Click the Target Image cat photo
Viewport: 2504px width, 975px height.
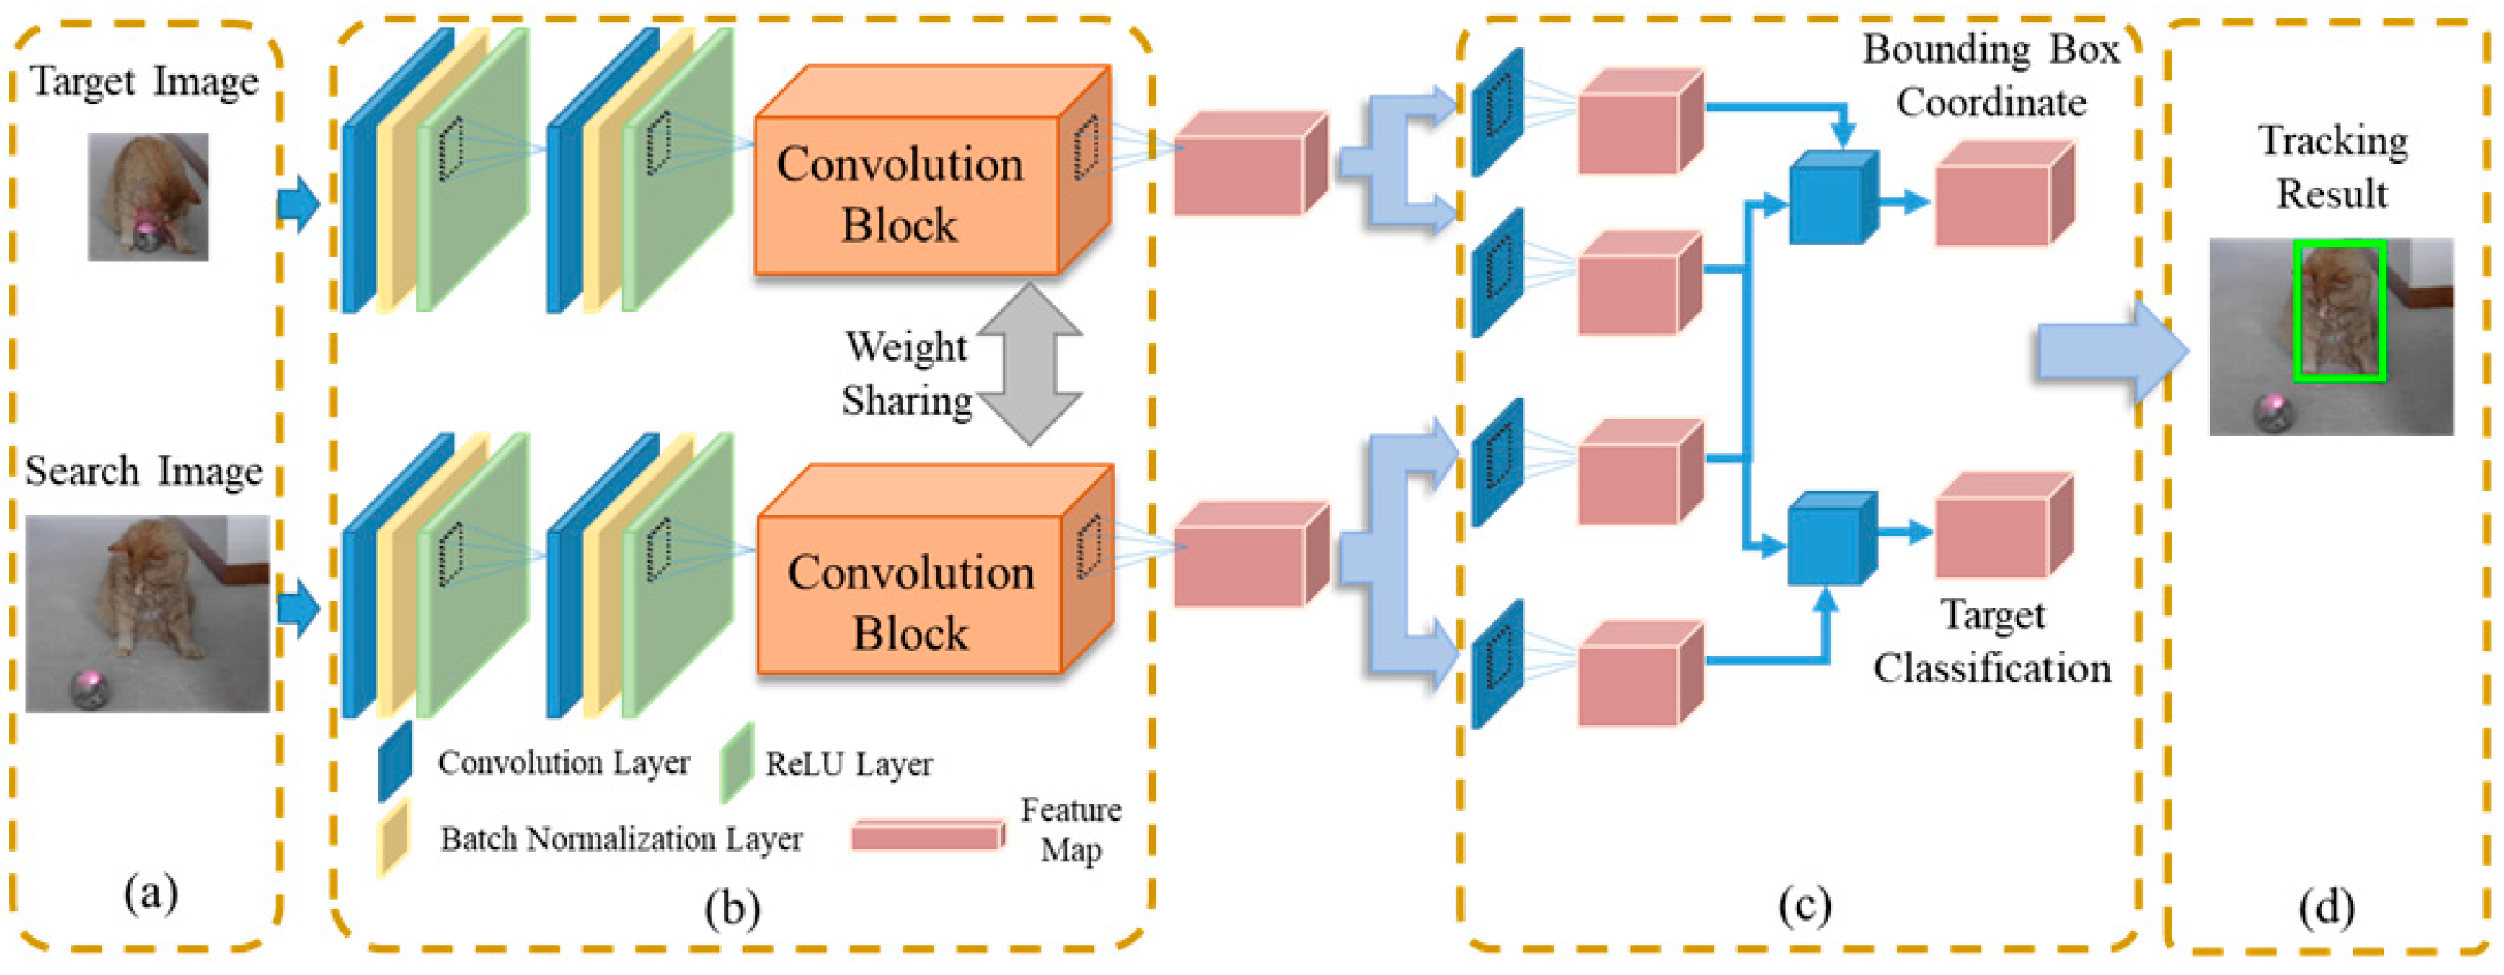pos(148,196)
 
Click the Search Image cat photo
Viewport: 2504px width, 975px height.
pos(148,612)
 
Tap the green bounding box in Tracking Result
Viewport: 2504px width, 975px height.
pos(2338,311)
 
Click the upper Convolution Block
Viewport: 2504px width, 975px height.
pos(909,195)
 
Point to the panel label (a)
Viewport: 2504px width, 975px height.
pos(150,892)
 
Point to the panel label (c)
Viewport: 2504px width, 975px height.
pos(1805,904)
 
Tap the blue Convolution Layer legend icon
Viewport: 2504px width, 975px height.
pos(394,761)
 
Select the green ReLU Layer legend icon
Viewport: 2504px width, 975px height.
pos(737,763)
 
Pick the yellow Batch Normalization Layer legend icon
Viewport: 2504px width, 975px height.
pos(394,838)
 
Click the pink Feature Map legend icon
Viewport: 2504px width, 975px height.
pos(928,836)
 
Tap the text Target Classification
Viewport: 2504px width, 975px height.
pos(1992,642)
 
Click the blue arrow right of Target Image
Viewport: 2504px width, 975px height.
pos(298,204)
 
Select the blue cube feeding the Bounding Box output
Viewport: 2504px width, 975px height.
pos(1831,198)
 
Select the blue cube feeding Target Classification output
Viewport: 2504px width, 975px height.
pos(1831,539)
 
